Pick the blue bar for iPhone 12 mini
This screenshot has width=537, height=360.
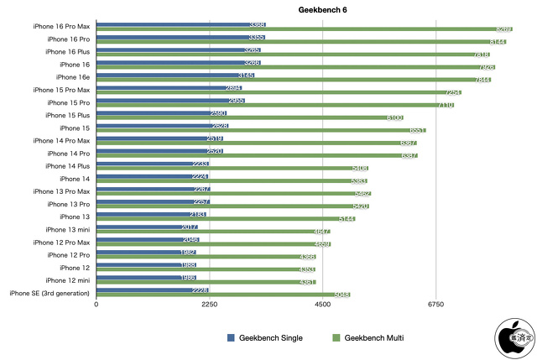[147, 278]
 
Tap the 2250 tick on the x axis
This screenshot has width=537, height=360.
[210, 305]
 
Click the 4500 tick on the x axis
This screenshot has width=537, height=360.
[322, 305]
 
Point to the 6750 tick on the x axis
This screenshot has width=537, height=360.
[435, 305]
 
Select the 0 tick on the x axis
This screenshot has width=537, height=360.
[96, 305]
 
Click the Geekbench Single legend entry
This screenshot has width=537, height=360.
[264, 337]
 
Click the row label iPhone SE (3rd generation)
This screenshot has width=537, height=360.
[50, 293]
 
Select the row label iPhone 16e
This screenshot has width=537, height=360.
[74, 76]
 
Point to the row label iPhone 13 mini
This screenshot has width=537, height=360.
[67, 229]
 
